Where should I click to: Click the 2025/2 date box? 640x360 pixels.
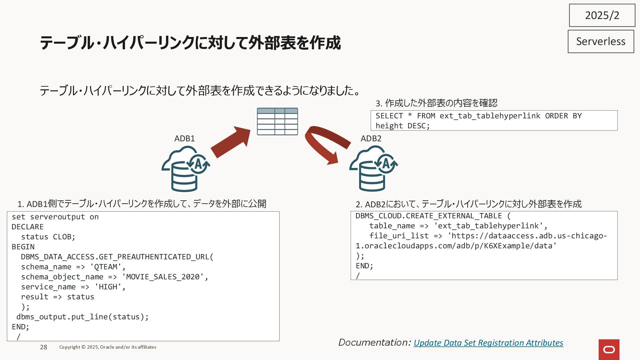point(602,15)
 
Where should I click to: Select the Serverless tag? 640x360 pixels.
point(601,41)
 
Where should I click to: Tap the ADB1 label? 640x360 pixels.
point(184,138)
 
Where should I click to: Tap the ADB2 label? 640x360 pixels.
point(371,138)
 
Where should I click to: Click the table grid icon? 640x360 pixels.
point(277,121)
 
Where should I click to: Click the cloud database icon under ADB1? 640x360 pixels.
point(185,169)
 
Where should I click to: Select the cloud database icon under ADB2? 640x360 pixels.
point(373,169)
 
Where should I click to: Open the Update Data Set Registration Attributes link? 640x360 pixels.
point(488,343)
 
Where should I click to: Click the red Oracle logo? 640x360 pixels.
point(609,349)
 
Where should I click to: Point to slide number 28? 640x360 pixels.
point(44,347)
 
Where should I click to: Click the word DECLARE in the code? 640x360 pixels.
point(28,227)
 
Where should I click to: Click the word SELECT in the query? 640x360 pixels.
point(389,116)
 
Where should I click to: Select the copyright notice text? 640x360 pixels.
point(108,347)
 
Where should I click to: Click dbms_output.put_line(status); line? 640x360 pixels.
point(82,317)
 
